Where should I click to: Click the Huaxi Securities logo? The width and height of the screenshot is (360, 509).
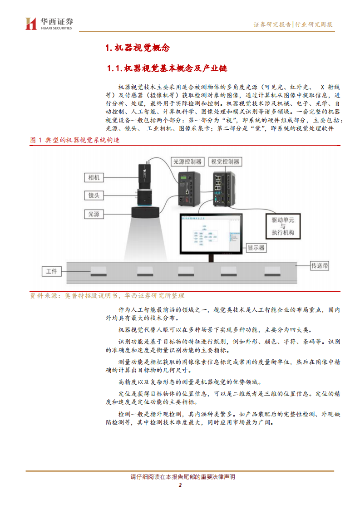pyautogui.click(x=49, y=24)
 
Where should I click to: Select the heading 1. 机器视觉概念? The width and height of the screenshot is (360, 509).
pyautogui.click(x=137, y=48)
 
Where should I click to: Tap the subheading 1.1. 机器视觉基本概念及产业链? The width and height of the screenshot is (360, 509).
pyautogui.click(x=167, y=69)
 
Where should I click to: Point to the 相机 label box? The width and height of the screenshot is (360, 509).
pyautogui.click(x=94, y=177)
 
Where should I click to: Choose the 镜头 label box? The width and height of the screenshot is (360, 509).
pyautogui.click(x=94, y=195)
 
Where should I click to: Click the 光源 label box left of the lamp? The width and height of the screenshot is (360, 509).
pyautogui.click(x=94, y=213)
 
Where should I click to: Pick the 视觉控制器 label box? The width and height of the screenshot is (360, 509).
pyautogui.click(x=225, y=162)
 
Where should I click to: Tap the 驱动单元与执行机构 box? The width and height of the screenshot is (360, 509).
pyautogui.click(x=283, y=225)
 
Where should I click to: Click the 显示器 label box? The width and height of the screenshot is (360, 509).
pyautogui.click(x=256, y=248)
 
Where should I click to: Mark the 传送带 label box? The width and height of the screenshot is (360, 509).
pyautogui.click(x=319, y=265)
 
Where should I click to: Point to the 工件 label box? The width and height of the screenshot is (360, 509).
pyautogui.click(x=52, y=271)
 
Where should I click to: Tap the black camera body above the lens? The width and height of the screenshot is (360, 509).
pyautogui.click(x=147, y=175)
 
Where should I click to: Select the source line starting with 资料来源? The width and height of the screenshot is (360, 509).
pyautogui.click(x=107, y=295)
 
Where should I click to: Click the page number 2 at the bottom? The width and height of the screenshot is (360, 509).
pyautogui.click(x=180, y=485)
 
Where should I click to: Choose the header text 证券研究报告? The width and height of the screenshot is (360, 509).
pyautogui.click(x=272, y=24)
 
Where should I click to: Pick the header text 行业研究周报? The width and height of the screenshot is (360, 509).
pyautogui.click(x=314, y=24)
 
